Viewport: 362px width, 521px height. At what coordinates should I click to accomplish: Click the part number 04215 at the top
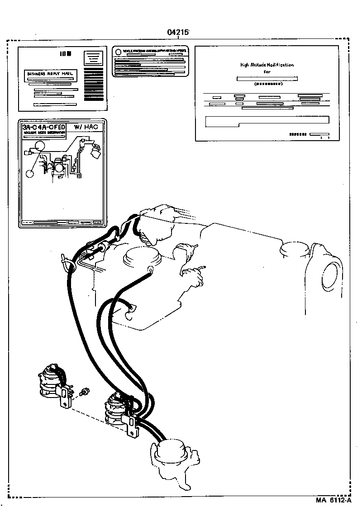(x=178, y=32)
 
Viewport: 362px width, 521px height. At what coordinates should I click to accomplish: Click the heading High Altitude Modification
(x=267, y=65)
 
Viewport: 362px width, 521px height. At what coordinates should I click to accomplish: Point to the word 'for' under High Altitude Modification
(x=267, y=71)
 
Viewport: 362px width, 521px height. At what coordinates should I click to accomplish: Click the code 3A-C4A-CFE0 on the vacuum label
(x=44, y=128)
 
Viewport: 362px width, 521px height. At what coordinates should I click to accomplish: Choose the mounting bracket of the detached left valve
(x=67, y=398)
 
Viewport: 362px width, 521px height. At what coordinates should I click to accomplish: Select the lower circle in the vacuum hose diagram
(x=30, y=173)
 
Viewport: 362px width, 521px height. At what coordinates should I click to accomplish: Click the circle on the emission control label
(x=118, y=52)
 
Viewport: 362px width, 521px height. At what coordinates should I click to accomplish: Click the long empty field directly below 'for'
(x=267, y=79)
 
